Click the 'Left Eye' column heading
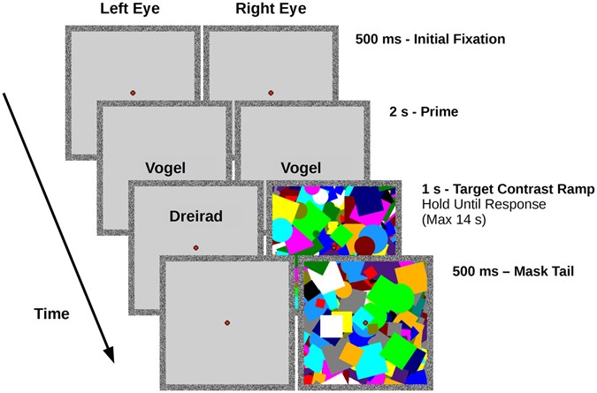point(131,11)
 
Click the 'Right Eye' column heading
point(268,11)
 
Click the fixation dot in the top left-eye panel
point(132,92)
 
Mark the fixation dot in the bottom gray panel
point(227,323)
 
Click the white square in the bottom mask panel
point(331,325)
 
